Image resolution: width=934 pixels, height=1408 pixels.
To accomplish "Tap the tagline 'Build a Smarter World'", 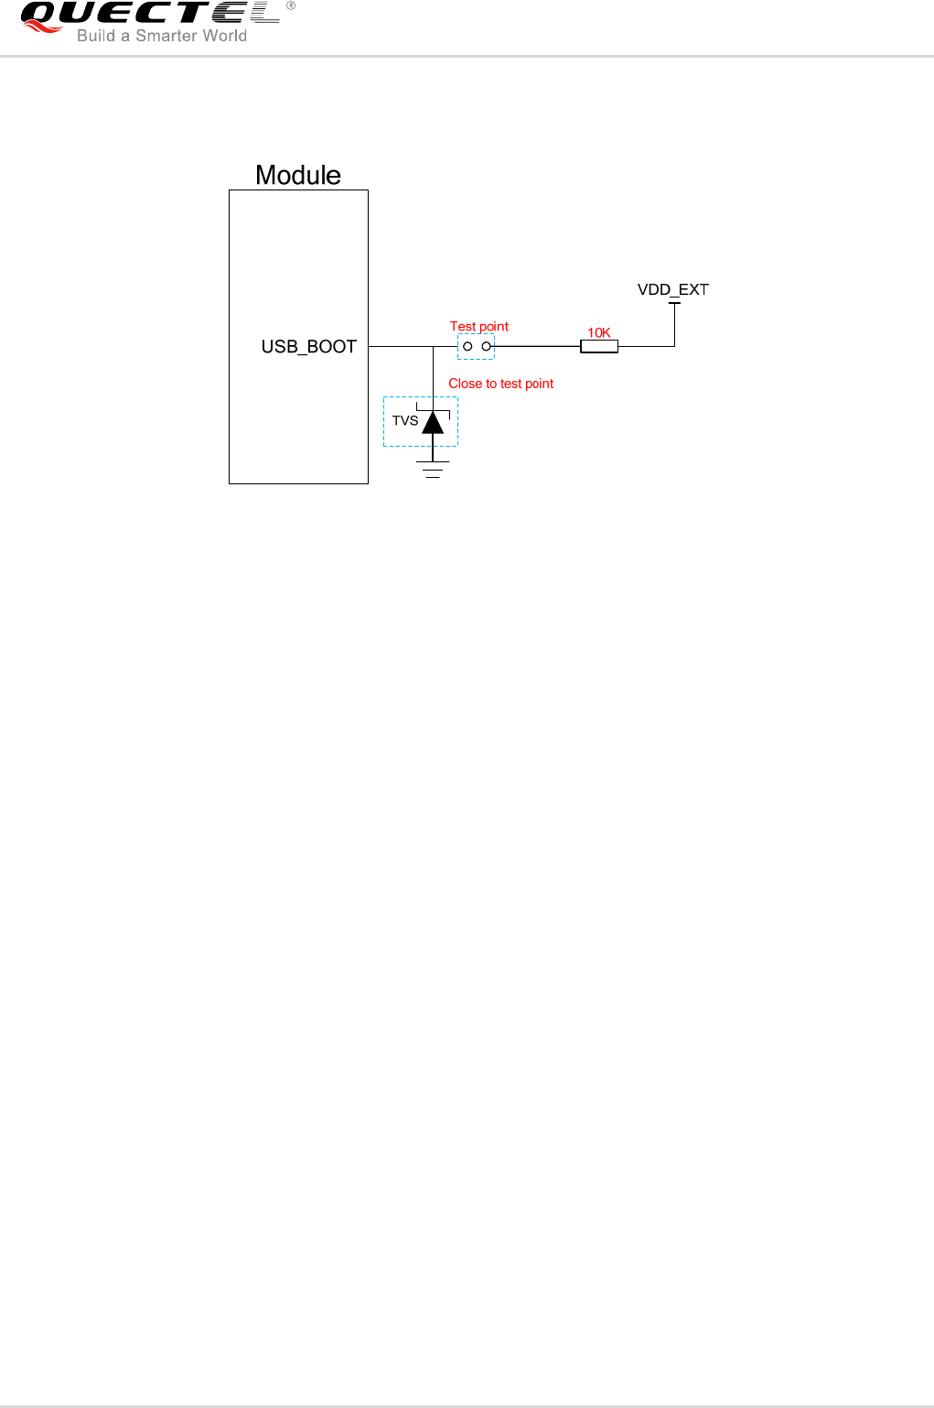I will pos(162,36).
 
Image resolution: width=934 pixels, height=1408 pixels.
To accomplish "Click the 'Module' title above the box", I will pos(298,175).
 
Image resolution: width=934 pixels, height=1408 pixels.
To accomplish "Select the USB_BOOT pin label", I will pos(309,347).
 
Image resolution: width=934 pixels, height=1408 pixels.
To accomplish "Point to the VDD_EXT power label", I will pos(673,290).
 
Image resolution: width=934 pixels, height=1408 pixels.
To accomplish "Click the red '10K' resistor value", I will pos(599,332).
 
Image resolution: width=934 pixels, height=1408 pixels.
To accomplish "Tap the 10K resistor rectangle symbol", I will pos(599,346).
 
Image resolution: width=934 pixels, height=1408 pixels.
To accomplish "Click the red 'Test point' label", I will pos(478,327).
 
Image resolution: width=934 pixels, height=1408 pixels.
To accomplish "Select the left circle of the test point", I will pos(467,346).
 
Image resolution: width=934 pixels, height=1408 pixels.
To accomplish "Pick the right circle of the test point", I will pos(487,346).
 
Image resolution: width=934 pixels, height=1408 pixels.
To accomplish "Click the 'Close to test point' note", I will pos(500,384).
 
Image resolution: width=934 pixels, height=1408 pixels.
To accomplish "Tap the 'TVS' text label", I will pos(405,421).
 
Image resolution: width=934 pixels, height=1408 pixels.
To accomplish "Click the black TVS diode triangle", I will pos(433,422).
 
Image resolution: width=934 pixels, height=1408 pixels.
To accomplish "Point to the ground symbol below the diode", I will pos(433,470).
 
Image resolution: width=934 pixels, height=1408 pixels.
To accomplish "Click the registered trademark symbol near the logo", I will pos(291,5).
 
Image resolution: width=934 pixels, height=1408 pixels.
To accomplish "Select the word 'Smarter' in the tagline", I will pos(166,36).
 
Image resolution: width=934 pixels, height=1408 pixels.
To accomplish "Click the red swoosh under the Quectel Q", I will pos(42,27).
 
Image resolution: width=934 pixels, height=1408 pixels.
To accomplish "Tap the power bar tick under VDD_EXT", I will pos(674,303).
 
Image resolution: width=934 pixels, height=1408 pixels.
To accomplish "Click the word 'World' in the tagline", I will pos(225,36).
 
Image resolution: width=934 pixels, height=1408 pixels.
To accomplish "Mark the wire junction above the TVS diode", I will pos(433,346).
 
